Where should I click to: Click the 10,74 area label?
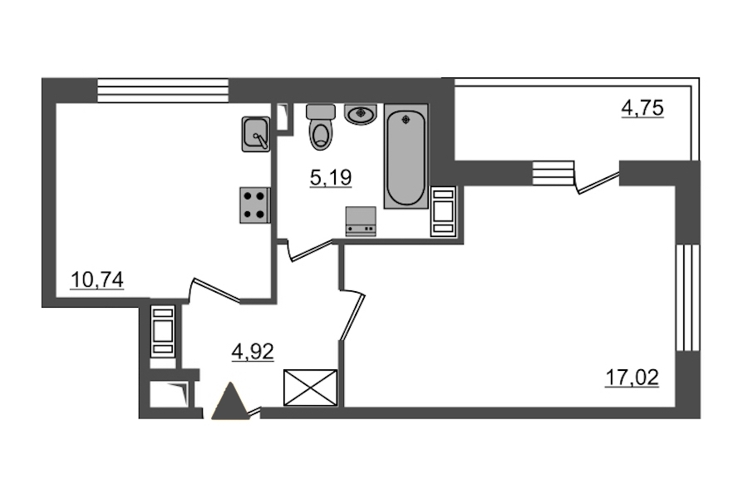coord(97,279)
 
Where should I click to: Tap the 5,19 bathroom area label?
coord(331,178)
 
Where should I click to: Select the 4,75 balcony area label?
coord(642,108)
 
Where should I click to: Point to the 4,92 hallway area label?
coord(253,353)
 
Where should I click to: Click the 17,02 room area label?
coord(632,378)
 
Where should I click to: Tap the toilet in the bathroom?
coord(321,127)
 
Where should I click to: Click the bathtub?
coord(406,156)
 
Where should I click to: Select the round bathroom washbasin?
coord(361,115)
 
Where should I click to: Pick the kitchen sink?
coord(256,134)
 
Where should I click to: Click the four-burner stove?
coord(255,205)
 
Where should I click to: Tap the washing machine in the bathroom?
coord(361,221)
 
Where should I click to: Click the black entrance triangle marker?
coord(231,401)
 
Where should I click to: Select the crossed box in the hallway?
coord(311,388)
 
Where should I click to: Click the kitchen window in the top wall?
coord(163,91)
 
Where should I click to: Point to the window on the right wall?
coord(688,298)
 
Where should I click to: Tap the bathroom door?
coord(309,249)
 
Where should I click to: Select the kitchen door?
coord(214,290)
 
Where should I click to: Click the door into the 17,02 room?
coord(352,314)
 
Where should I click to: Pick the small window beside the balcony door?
coord(553,173)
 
